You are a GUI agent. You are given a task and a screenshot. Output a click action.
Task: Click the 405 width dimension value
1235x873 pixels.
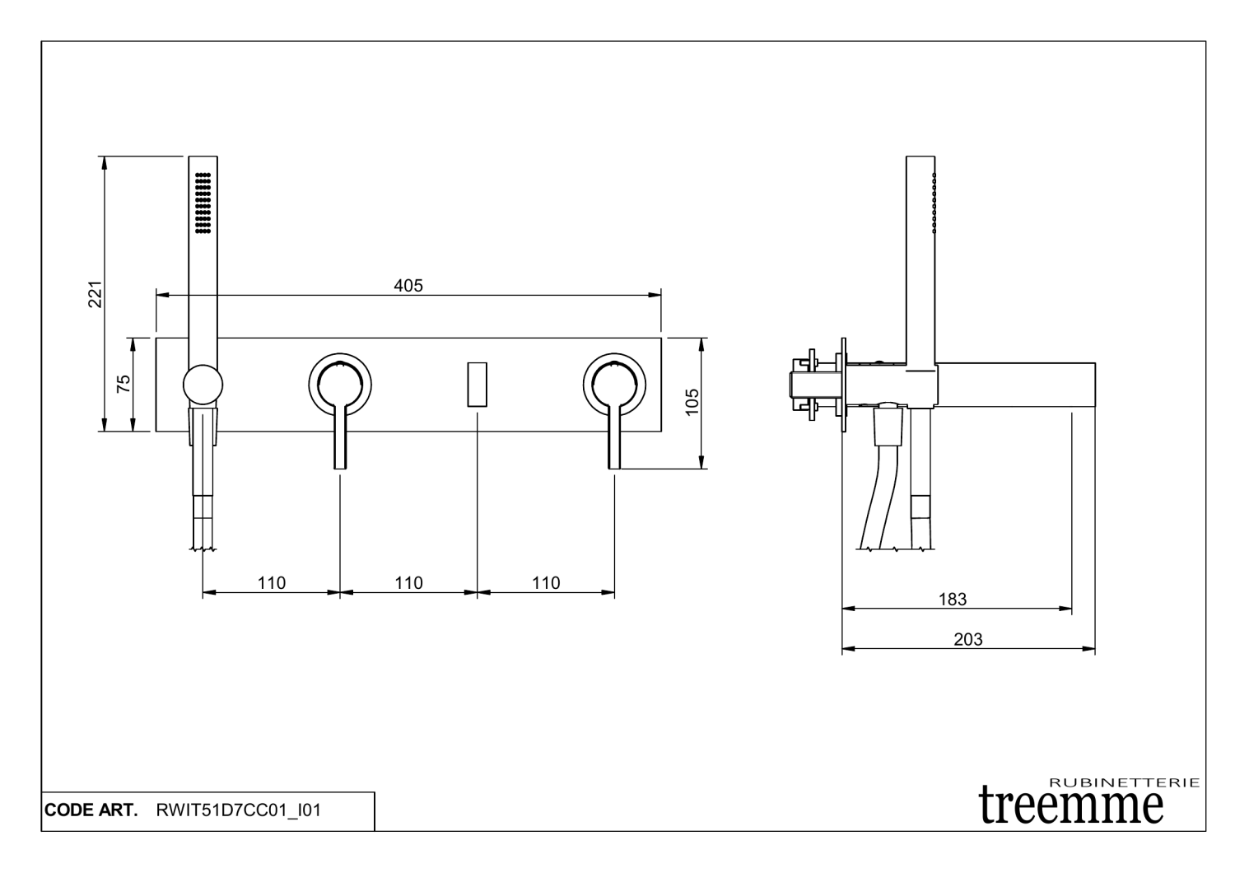[x=408, y=286]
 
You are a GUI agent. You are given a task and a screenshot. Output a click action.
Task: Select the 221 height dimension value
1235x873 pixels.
[x=96, y=295]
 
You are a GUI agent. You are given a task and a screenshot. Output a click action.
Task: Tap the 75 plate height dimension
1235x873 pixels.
[x=124, y=383]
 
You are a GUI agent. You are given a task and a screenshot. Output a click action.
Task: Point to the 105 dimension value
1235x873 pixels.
[x=692, y=403]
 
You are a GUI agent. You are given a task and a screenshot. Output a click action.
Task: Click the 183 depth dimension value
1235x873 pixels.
[x=953, y=599]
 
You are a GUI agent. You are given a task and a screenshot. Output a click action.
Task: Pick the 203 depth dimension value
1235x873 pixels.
[x=968, y=639]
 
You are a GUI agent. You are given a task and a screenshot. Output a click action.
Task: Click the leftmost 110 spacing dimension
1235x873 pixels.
[x=271, y=583]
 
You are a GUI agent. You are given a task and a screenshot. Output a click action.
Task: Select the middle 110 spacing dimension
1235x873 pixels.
[x=408, y=583]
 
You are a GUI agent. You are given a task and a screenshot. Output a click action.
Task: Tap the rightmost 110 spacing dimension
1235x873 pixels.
[x=546, y=583]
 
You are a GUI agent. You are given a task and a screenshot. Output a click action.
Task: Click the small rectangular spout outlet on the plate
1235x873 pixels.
[x=478, y=385]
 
